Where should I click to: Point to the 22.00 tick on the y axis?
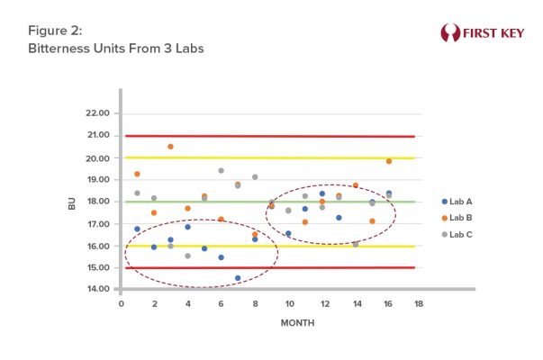pos(97,113)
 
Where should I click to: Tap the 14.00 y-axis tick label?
pos(97,290)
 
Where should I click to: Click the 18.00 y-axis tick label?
pos(97,202)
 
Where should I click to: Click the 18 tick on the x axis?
pos(419,305)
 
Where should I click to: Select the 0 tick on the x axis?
pos(121,305)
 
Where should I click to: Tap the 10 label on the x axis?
pos(288,305)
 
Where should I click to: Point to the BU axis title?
pos(72,202)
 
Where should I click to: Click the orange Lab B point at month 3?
pos(170,146)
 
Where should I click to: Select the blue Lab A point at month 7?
pos(238,278)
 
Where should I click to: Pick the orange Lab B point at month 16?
pos(389,161)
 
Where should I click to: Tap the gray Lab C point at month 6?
pos(221,170)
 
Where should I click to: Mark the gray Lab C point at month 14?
pos(356,244)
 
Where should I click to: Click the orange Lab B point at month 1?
pos(137,174)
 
